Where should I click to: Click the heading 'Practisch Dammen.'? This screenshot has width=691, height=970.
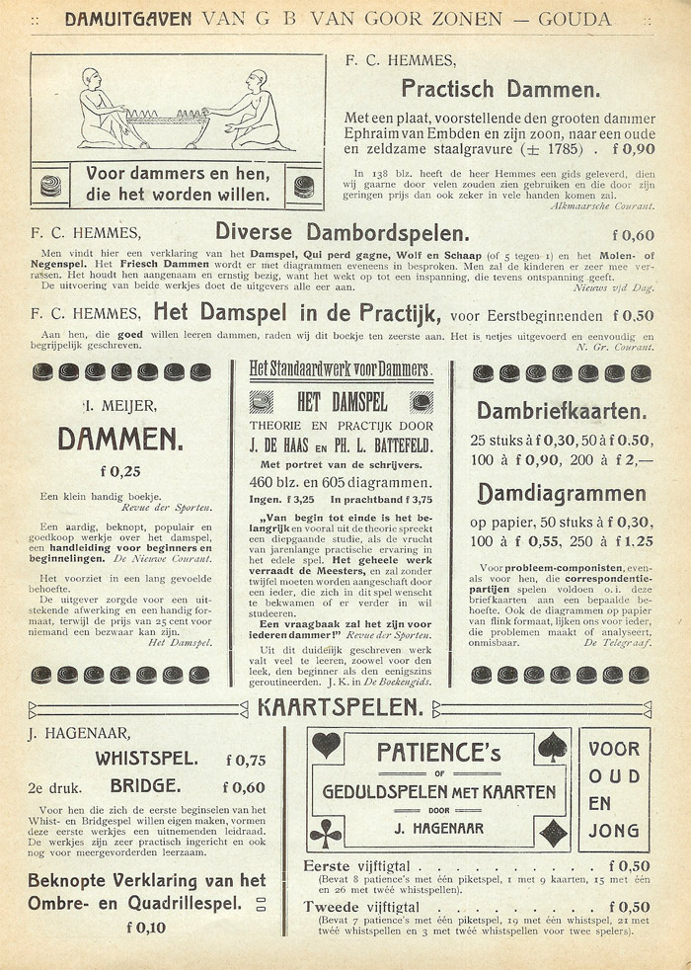pos(500,89)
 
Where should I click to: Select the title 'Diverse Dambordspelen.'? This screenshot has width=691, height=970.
pos(342,234)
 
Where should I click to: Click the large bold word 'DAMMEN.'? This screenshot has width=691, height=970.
pos(119,438)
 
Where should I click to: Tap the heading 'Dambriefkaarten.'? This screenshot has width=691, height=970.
pos(562,410)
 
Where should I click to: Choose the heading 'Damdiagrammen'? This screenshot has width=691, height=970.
pos(562,493)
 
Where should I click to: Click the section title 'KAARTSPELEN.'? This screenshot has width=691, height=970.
pos(341,707)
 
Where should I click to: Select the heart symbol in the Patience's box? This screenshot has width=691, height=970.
pos(326,745)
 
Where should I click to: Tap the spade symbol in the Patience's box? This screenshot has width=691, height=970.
pos(553,746)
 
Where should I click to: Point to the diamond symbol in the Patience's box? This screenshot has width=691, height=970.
pos(554,833)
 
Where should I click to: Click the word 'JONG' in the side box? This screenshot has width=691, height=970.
pos(614,831)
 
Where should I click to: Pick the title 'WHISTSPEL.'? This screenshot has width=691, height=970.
pos(146,760)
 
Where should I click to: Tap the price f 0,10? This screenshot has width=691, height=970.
pos(146,927)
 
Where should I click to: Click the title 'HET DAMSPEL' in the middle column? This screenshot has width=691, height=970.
pos(342,402)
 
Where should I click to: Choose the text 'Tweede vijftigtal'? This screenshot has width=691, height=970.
pos(362,907)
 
